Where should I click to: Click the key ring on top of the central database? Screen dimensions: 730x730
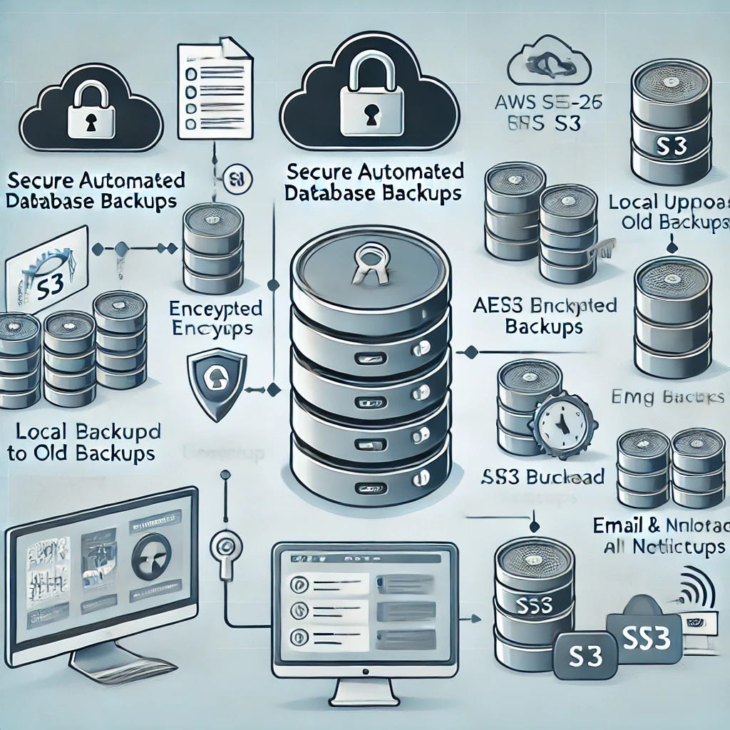click(369, 264)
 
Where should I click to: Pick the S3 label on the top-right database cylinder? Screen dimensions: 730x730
click(669, 148)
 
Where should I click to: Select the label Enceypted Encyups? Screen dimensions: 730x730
click(215, 319)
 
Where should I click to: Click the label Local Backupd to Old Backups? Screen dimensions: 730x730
click(84, 443)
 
